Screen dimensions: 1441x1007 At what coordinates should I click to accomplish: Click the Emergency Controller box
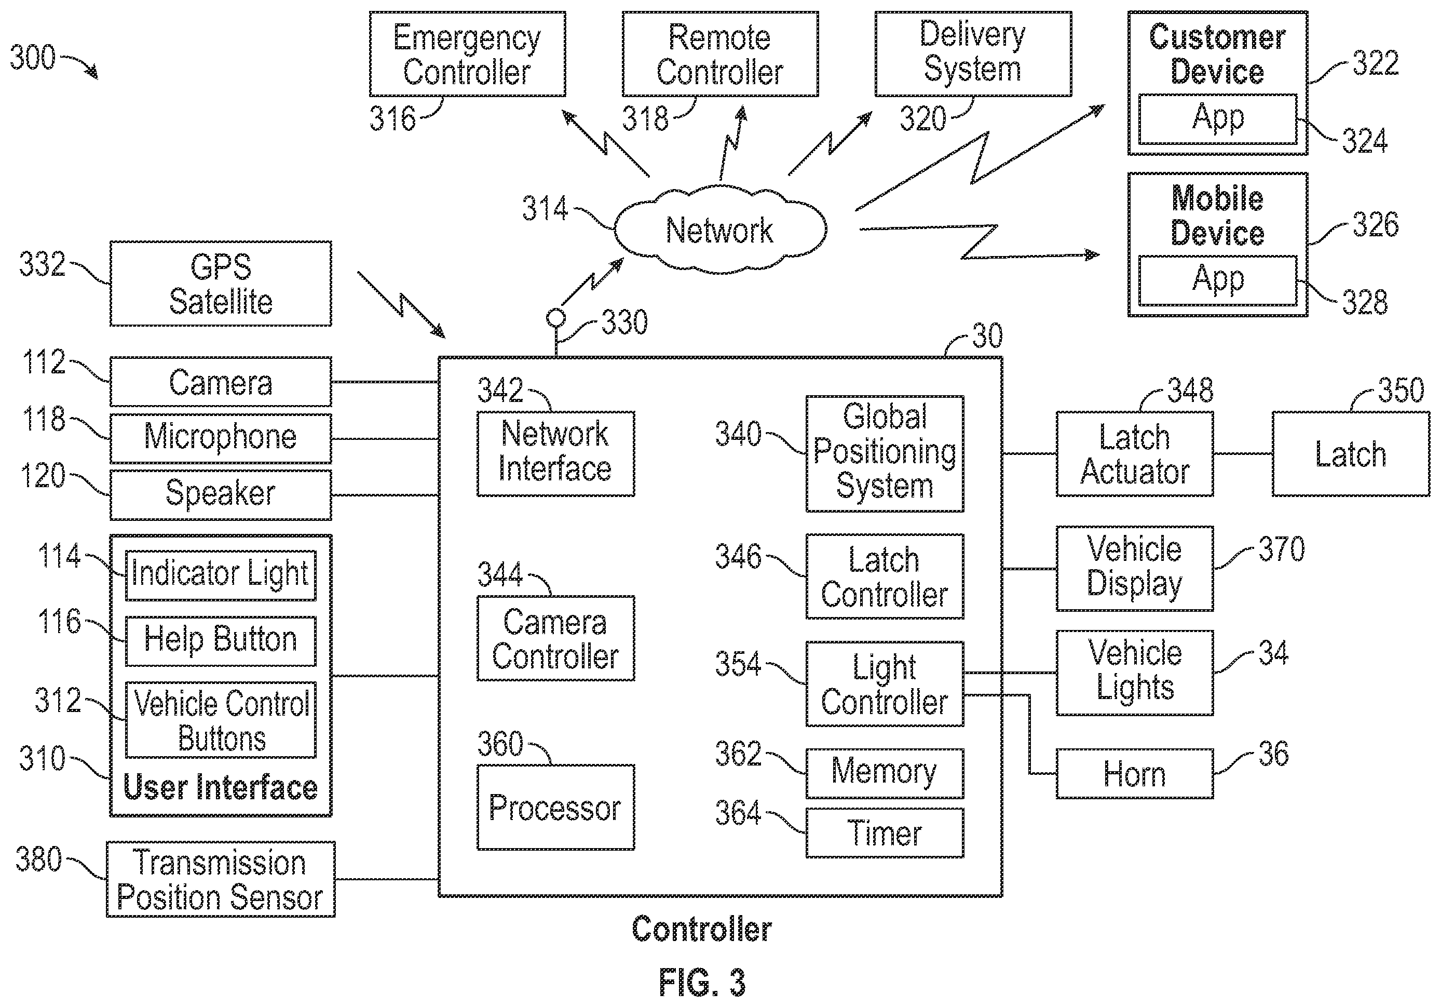point(467,54)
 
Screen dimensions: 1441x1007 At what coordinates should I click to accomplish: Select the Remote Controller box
point(720,54)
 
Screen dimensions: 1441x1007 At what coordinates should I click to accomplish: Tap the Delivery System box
point(973,54)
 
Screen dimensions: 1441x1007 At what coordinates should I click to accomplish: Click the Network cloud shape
point(720,230)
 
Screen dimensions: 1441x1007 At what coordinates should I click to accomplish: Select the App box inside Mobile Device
point(1218,280)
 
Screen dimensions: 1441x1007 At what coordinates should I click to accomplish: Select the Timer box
point(885,833)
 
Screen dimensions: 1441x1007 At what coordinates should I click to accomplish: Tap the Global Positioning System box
point(885,453)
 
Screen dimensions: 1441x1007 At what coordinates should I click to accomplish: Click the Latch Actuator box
point(1135,454)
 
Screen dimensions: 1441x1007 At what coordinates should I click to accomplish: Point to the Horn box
point(1135,773)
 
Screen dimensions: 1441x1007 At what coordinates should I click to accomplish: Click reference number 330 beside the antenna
point(624,322)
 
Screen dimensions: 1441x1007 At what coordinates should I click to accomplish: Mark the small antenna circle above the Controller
point(555,318)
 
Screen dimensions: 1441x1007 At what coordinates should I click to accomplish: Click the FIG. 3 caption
point(702,983)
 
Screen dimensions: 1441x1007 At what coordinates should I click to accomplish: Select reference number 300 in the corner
point(33,57)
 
